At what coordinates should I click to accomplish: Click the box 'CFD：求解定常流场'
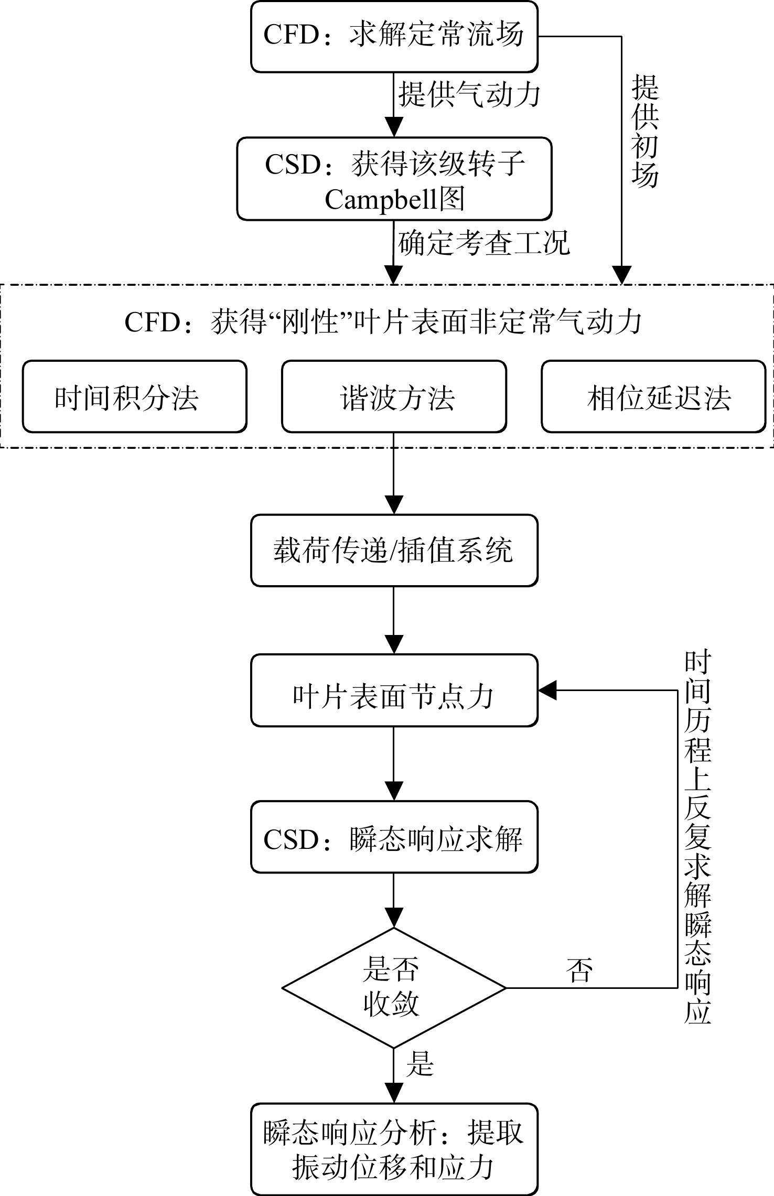point(394,36)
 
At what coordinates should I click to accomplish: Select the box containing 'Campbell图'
point(394,179)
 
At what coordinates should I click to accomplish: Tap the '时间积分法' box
point(135,396)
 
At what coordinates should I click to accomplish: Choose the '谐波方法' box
point(394,396)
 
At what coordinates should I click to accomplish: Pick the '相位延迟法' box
point(654,396)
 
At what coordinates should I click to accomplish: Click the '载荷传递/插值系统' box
point(394,550)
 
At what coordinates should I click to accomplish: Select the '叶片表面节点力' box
point(394,690)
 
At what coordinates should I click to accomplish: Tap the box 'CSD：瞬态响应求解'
point(394,837)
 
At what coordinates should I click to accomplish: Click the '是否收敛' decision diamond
point(394,988)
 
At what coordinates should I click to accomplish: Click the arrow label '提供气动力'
point(469,95)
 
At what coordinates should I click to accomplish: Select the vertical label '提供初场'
point(645,131)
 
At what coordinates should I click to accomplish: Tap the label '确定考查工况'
point(483,243)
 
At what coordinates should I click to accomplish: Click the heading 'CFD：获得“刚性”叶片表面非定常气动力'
point(383,321)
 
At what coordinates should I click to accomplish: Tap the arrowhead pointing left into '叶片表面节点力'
point(548,690)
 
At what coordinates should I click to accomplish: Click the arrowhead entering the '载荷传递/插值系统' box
point(394,504)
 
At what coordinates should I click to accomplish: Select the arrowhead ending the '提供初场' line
point(622,275)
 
